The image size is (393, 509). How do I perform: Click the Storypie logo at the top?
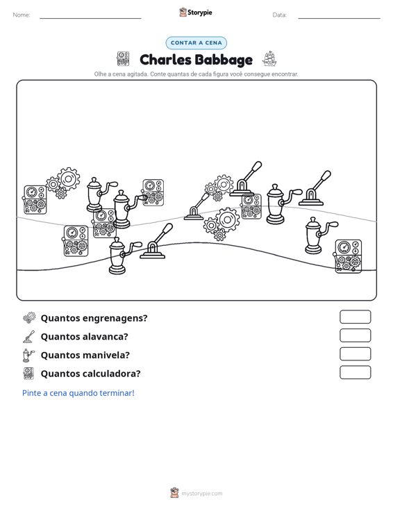196,12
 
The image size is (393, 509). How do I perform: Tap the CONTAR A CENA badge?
196,43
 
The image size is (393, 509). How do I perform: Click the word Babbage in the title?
224,60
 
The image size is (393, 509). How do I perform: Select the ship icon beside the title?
269,59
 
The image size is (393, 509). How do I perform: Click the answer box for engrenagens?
355,317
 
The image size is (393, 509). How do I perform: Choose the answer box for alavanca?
355,335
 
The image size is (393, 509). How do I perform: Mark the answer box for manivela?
355,354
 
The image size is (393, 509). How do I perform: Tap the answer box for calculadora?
355,372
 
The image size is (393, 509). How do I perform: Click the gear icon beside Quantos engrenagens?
29,317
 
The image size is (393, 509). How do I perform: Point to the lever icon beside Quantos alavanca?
29,336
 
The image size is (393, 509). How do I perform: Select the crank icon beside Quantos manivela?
28,355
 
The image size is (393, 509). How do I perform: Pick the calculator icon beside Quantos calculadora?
28,374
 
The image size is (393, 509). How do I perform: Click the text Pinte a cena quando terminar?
78,393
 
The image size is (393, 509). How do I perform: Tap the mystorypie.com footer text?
201,494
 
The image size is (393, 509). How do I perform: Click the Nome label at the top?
22,15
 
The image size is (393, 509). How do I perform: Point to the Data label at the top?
279,15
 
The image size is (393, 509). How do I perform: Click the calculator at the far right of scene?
348,256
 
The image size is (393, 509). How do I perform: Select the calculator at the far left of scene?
35,200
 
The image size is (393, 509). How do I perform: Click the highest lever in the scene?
246,179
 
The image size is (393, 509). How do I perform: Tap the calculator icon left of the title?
123,59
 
